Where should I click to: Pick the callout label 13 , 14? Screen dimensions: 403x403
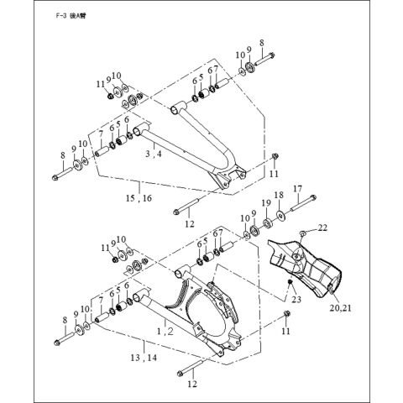coord(144,357)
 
